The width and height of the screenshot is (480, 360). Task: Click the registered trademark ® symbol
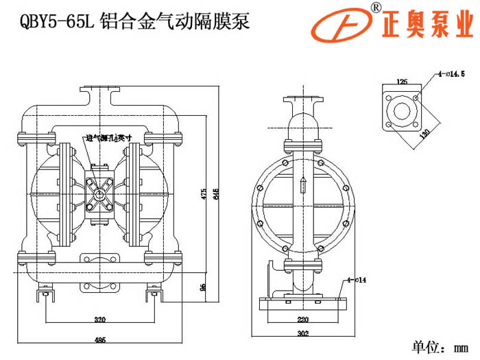tap(376, 6)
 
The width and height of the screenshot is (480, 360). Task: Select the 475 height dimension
tap(203, 194)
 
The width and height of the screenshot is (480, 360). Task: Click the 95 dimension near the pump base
tap(204, 287)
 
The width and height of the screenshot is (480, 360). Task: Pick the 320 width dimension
tap(99, 320)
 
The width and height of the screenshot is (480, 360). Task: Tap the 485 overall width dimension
tap(99, 339)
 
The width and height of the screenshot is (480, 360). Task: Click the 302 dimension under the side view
tap(302, 335)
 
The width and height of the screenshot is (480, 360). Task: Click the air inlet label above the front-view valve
tap(103, 138)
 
